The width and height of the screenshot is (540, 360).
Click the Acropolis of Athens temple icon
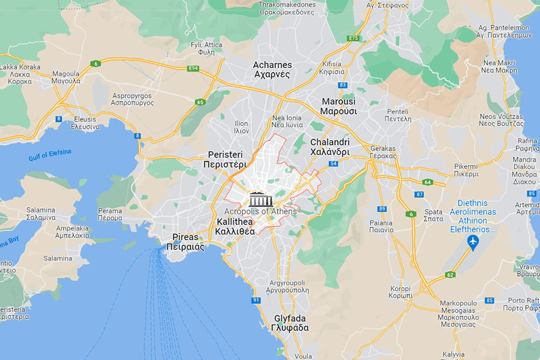point(260,199)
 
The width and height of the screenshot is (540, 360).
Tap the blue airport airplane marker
point(473,242)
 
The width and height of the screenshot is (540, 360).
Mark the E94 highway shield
point(193,68)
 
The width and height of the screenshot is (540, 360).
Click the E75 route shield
point(353,38)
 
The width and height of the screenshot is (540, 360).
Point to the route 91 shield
point(256,300)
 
